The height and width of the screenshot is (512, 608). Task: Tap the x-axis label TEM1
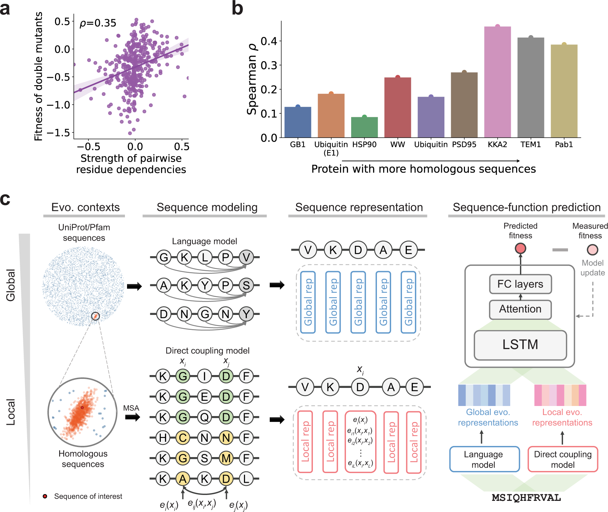coord(530,145)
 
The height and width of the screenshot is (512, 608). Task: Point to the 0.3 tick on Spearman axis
coord(269,65)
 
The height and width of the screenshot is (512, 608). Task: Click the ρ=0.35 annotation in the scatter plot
coord(98,23)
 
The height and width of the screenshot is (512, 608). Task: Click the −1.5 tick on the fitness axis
coord(58,132)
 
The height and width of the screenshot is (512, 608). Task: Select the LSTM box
coord(520,344)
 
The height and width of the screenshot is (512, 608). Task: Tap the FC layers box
coord(520,284)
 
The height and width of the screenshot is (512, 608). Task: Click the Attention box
coord(520,309)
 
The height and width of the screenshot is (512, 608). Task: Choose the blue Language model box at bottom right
coord(484,459)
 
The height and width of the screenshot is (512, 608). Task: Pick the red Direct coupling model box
coord(562,459)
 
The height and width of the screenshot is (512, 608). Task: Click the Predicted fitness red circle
coord(520,249)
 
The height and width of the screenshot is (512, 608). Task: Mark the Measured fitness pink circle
coord(592,250)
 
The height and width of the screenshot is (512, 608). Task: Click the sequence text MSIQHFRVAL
coord(526,498)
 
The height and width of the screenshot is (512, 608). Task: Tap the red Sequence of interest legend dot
coord(45,496)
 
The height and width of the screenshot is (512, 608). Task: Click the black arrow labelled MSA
coord(132,417)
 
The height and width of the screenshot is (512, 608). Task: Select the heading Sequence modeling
coord(207,207)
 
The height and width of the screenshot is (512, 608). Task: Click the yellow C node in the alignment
coord(183,438)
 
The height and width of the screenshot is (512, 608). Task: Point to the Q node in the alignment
coord(204,417)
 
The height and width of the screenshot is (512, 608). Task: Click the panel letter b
coord(237,8)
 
